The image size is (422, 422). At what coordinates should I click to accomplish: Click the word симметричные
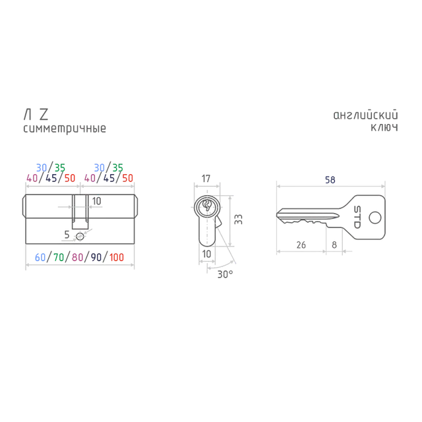(x=65, y=129)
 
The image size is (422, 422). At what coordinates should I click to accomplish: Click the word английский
(x=365, y=115)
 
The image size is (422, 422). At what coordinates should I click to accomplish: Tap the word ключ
(x=384, y=127)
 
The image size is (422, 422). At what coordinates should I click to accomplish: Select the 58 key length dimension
(x=330, y=180)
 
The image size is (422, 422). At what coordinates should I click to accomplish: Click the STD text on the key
(x=357, y=217)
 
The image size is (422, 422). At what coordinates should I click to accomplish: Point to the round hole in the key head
(x=375, y=218)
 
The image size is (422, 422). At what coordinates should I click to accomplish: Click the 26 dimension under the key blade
(x=301, y=245)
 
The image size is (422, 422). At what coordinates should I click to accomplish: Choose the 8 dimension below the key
(x=334, y=245)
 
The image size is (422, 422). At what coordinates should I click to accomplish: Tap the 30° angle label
(x=226, y=274)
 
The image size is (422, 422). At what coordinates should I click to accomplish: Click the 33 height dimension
(x=239, y=220)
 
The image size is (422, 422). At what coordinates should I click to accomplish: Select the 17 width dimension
(x=206, y=179)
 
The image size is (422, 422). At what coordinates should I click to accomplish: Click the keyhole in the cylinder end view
(x=207, y=206)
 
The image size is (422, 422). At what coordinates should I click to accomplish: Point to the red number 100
(x=117, y=257)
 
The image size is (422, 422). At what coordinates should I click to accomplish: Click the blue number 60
(x=40, y=257)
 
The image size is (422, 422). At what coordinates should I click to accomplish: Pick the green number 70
(x=59, y=257)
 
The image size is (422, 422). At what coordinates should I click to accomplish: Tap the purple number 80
(x=77, y=257)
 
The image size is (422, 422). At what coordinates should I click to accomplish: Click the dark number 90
(x=96, y=257)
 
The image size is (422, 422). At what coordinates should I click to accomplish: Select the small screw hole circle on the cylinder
(x=80, y=237)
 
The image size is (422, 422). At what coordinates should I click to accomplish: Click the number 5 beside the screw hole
(x=67, y=235)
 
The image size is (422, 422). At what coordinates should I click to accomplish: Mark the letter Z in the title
(x=44, y=114)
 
